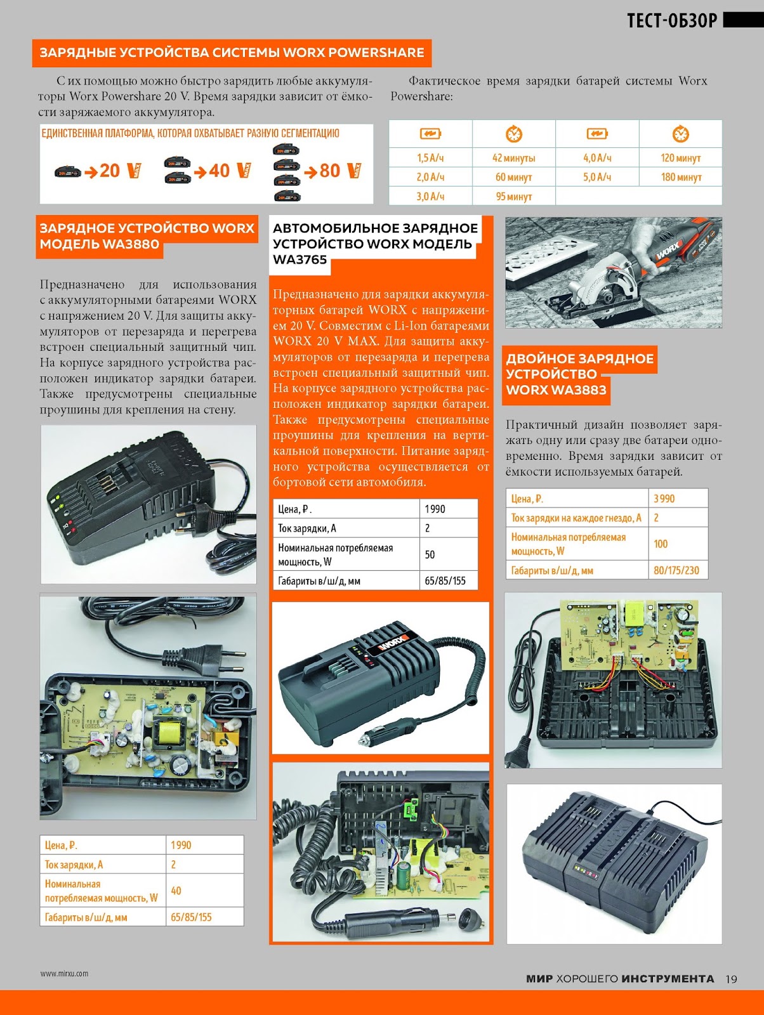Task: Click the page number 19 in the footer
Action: click(731, 978)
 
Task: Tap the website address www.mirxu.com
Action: click(64, 973)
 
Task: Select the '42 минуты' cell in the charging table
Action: click(513, 158)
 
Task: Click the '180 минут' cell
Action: click(681, 176)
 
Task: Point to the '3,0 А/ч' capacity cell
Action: click(430, 196)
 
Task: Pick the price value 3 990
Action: click(664, 499)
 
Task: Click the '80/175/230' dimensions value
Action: click(676, 570)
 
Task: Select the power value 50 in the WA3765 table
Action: click(430, 554)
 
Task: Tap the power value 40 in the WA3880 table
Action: click(176, 891)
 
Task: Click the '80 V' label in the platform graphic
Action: click(340, 171)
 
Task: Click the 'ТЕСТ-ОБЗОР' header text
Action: click(672, 21)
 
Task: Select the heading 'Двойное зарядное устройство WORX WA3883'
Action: click(579, 374)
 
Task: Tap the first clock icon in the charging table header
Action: click(513, 134)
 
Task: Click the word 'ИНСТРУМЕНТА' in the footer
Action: click(668, 979)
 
